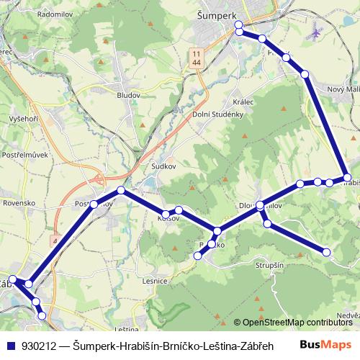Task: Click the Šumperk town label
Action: [238, 14]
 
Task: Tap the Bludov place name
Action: [127, 94]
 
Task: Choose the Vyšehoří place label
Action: [23, 118]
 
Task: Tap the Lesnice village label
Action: [155, 281]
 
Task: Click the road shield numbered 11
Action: [197, 53]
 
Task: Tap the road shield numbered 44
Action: [197, 63]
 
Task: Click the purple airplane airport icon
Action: [316, 34]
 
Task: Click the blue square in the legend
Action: [11, 345]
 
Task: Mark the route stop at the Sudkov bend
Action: [121, 190]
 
